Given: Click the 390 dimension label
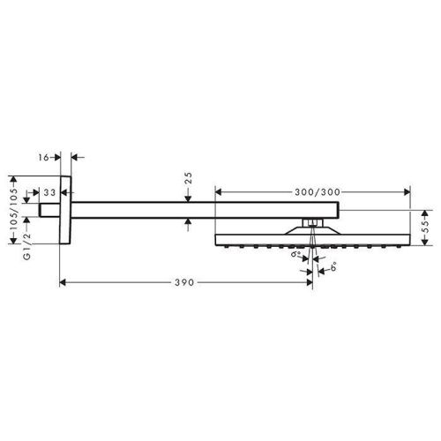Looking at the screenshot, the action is pyautogui.click(x=184, y=282).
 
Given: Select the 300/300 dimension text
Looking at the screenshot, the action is pyautogui.click(x=318, y=192).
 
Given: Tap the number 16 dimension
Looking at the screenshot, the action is pyautogui.click(x=43, y=158).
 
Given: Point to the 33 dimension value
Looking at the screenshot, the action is pyautogui.click(x=49, y=193).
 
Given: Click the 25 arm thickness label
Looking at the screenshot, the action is pyautogui.click(x=188, y=178).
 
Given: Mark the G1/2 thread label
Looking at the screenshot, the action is pyautogui.click(x=27, y=246).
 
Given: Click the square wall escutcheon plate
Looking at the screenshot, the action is pyautogui.click(x=65, y=210).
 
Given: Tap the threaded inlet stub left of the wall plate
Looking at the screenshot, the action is pyautogui.click(x=49, y=210).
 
